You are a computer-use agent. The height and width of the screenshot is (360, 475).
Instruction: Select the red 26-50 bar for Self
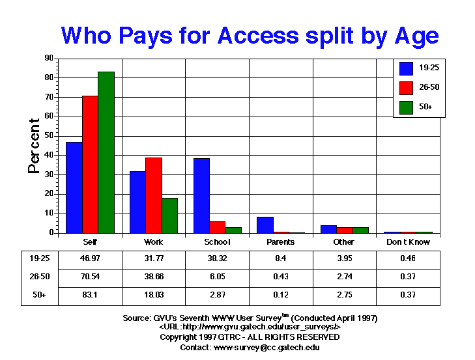click(90, 164)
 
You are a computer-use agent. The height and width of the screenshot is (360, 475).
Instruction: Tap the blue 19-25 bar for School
click(201, 195)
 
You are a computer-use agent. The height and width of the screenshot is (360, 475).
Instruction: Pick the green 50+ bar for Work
click(169, 215)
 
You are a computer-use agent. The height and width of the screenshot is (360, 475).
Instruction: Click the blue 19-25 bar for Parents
click(265, 225)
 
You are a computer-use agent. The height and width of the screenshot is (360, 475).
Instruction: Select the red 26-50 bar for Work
click(154, 195)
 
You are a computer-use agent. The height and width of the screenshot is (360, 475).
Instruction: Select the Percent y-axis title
click(35, 146)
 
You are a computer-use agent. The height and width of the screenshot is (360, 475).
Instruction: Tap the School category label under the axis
click(217, 242)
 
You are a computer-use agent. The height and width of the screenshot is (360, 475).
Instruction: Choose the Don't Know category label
click(408, 242)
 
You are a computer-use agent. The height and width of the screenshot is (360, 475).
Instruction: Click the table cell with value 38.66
click(153, 276)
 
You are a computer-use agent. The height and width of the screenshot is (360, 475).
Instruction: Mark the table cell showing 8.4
click(281, 258)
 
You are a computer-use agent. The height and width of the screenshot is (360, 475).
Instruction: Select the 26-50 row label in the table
click(30, 276)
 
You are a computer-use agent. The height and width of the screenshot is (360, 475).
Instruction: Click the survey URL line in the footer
click(250, 327)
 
